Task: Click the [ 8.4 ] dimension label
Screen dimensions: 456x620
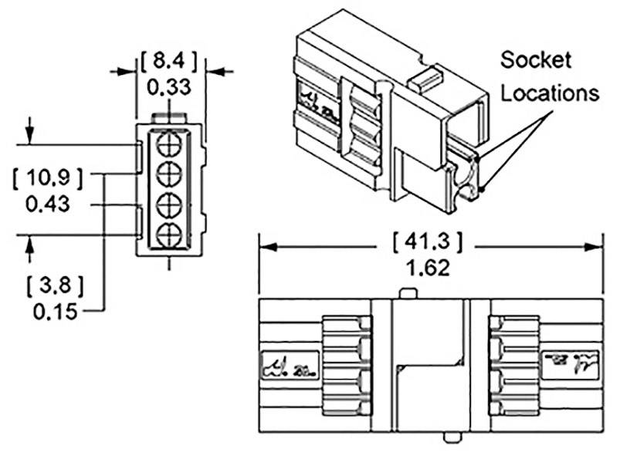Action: (169, 59)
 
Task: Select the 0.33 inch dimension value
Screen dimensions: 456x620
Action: (169, 87)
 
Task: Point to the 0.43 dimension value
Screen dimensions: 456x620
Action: (48, 204)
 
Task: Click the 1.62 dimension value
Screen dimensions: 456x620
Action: (427, 269)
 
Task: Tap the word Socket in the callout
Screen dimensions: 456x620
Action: (535, 59)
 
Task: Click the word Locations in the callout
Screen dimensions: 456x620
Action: (549, 93)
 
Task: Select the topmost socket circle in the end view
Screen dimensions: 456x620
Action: (170, 145)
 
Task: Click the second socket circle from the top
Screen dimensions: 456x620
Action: (170, 174)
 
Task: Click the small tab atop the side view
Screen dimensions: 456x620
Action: (409, 294)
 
